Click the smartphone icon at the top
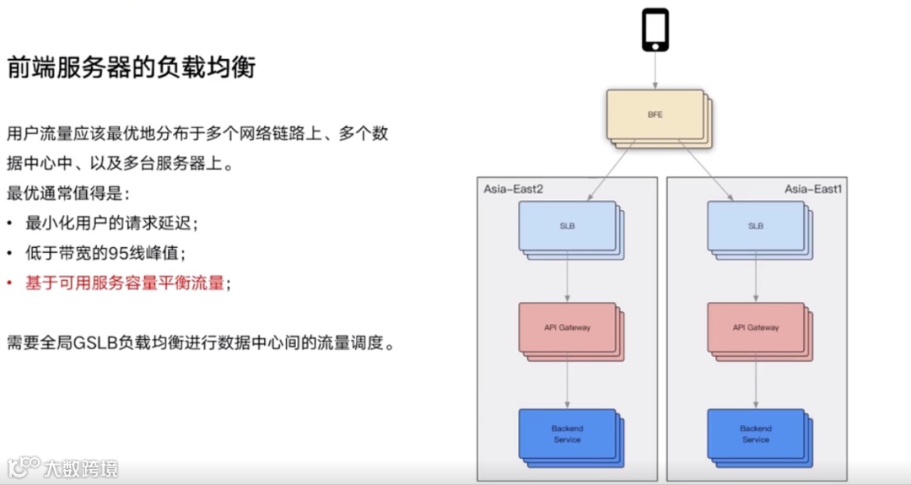(x=655, y=30)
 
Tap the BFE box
(x=655, y=115)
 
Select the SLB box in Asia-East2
(x=567, y=226)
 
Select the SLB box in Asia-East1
(x=756, y=226)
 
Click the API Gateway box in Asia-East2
(x=567, y=327)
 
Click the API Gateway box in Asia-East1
(x=756, y=327)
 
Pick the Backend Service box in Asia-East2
(x=567, y=434)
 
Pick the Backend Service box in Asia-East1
(x=756, y=434)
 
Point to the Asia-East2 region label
(x=513, y=189)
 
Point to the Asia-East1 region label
(x=813, y=189)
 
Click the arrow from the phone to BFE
(x=655, y=71)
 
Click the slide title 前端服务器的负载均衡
(x=131, y=67)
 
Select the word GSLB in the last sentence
(x=95, y=344)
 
